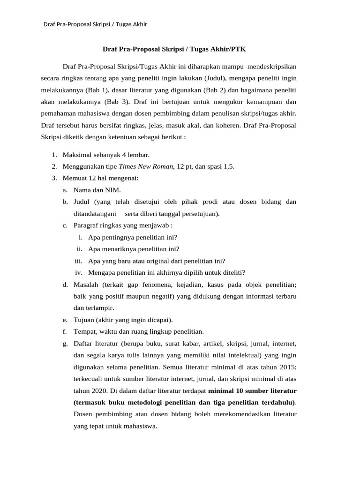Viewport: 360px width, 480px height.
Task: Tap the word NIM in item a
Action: pyautogui.click(x=114, y=190)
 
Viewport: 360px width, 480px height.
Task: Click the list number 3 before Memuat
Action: pyautogui.click(x=54, y=178)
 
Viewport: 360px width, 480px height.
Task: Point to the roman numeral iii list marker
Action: pyautogui.click(x=79, y=261)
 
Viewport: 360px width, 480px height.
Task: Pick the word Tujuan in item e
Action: pyautogui.click(x=84, y=320)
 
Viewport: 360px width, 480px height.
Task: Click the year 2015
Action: pyautogui.click(x=287, y=367)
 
